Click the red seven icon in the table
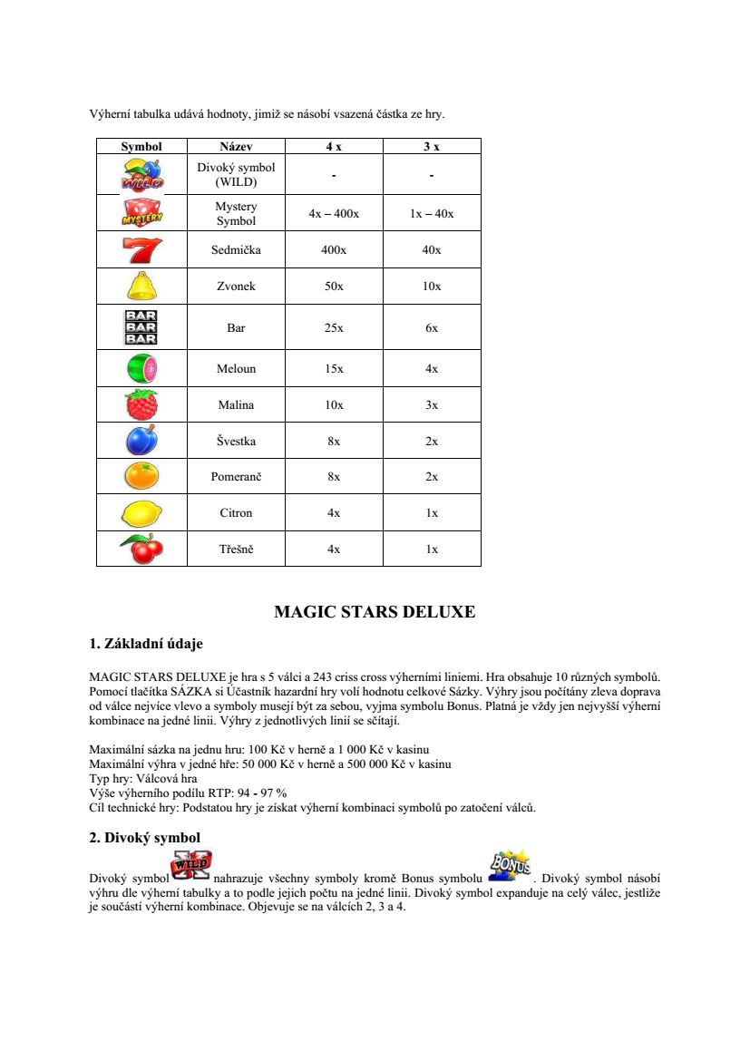pos(141,249)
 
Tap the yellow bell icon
pos(141,286)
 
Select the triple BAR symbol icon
pos(141,327)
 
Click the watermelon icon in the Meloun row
pos(141,368)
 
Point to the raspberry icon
pos(141,404)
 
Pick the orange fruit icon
pos(141,476)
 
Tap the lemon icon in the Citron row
pos(141,512)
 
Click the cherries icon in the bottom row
pos(141,549)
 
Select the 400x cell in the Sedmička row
pos(334,250)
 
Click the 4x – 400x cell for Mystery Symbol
pos(334,214)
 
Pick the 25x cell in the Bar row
pos(334,327)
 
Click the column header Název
pos(236,146)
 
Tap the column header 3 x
pos(432,146)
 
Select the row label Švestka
pos(236,442)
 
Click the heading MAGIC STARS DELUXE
pos(375,612)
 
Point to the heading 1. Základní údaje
pos(146,644)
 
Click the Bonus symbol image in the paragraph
pos(510,866)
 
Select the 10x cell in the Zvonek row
pos(432,287)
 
